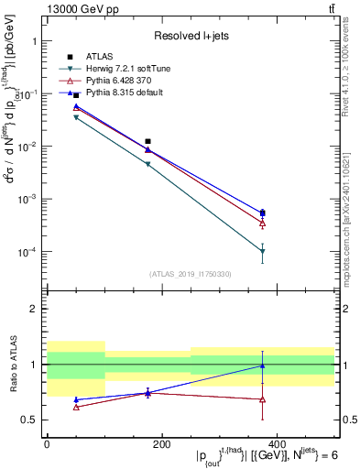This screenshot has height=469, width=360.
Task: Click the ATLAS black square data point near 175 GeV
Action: point(147,142)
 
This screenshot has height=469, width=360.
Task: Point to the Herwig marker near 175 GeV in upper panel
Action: point(147,165)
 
